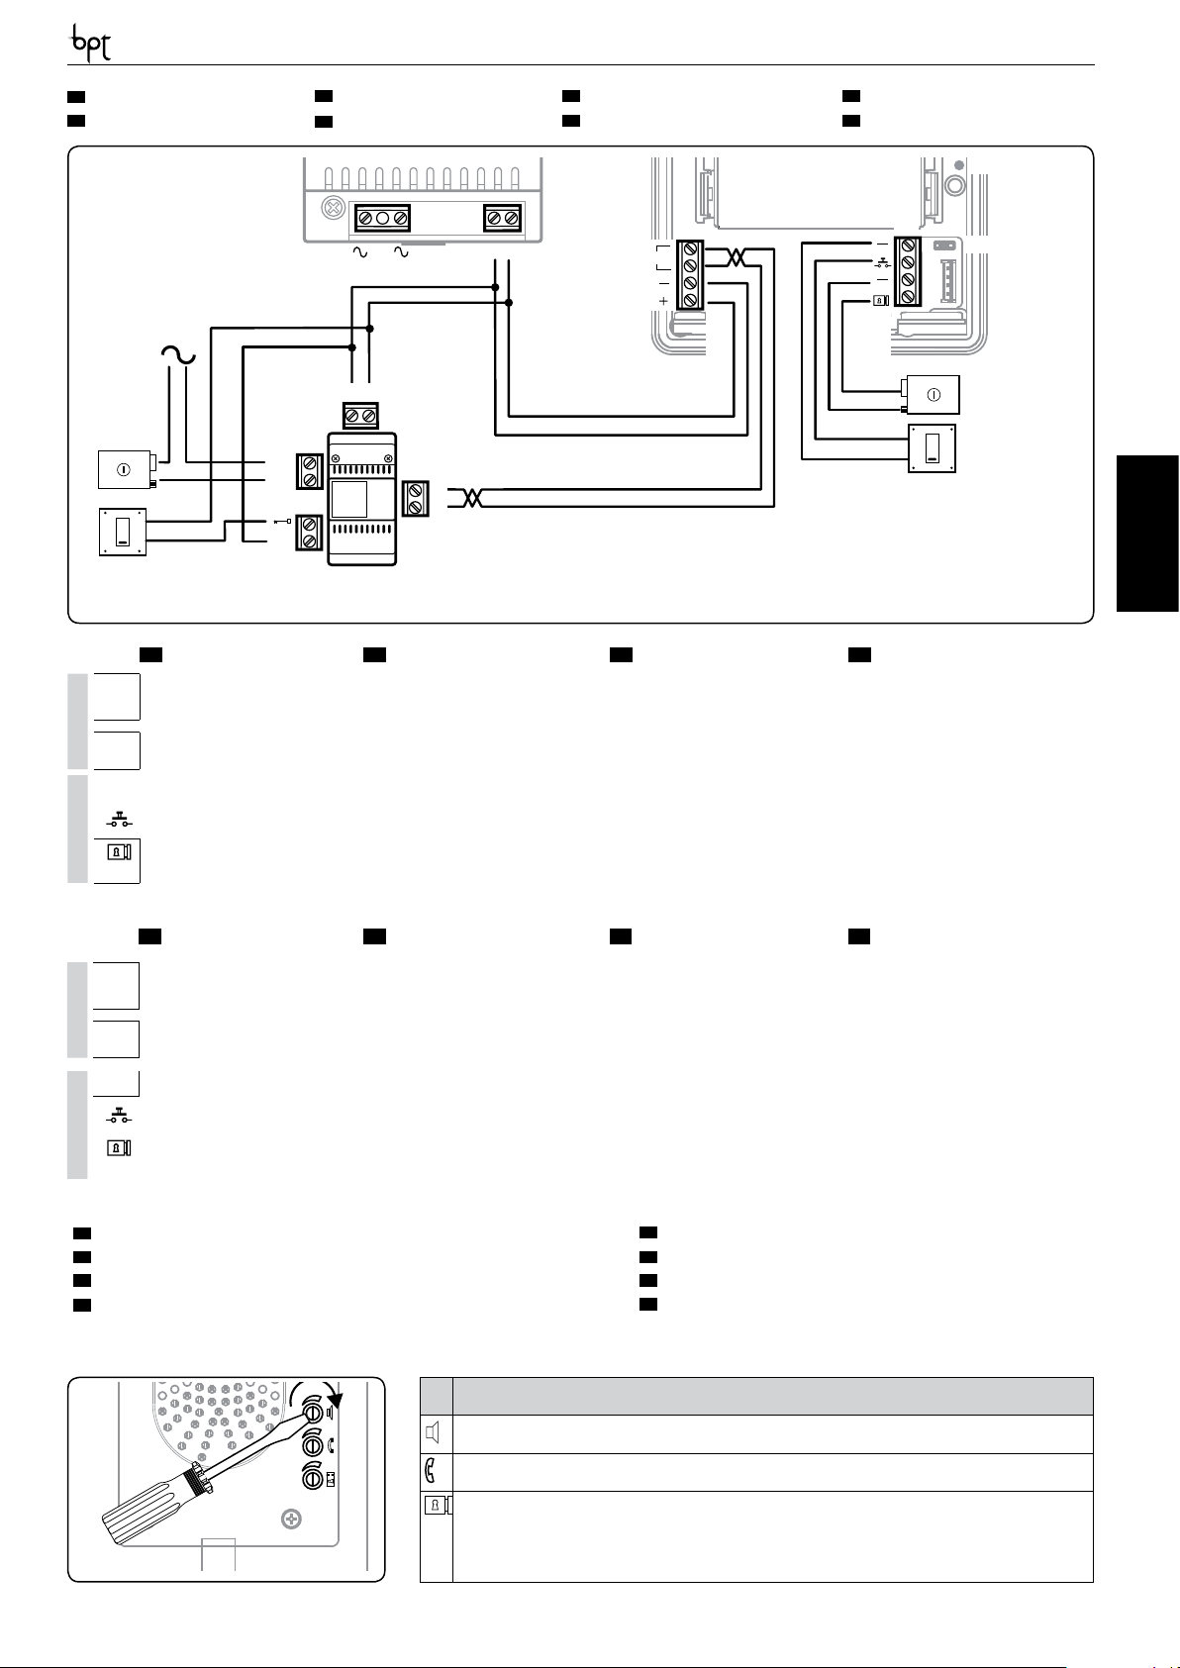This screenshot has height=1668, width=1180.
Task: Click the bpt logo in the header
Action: click(89, 46)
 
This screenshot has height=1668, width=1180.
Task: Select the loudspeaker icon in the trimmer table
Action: click(436, 1433)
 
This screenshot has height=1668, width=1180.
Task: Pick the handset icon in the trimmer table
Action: click(436, 1472)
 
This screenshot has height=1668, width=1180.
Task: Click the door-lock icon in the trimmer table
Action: click(437, 1506)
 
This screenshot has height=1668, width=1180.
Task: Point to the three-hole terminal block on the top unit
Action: click(382, 218)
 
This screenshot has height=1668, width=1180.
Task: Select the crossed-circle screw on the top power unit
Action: click(335, 209)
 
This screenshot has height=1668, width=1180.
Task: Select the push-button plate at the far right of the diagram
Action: click(932, 448)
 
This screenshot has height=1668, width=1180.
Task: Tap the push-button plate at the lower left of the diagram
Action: click(123, 532)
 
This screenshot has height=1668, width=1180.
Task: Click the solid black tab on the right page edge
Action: click(1148, 534)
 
